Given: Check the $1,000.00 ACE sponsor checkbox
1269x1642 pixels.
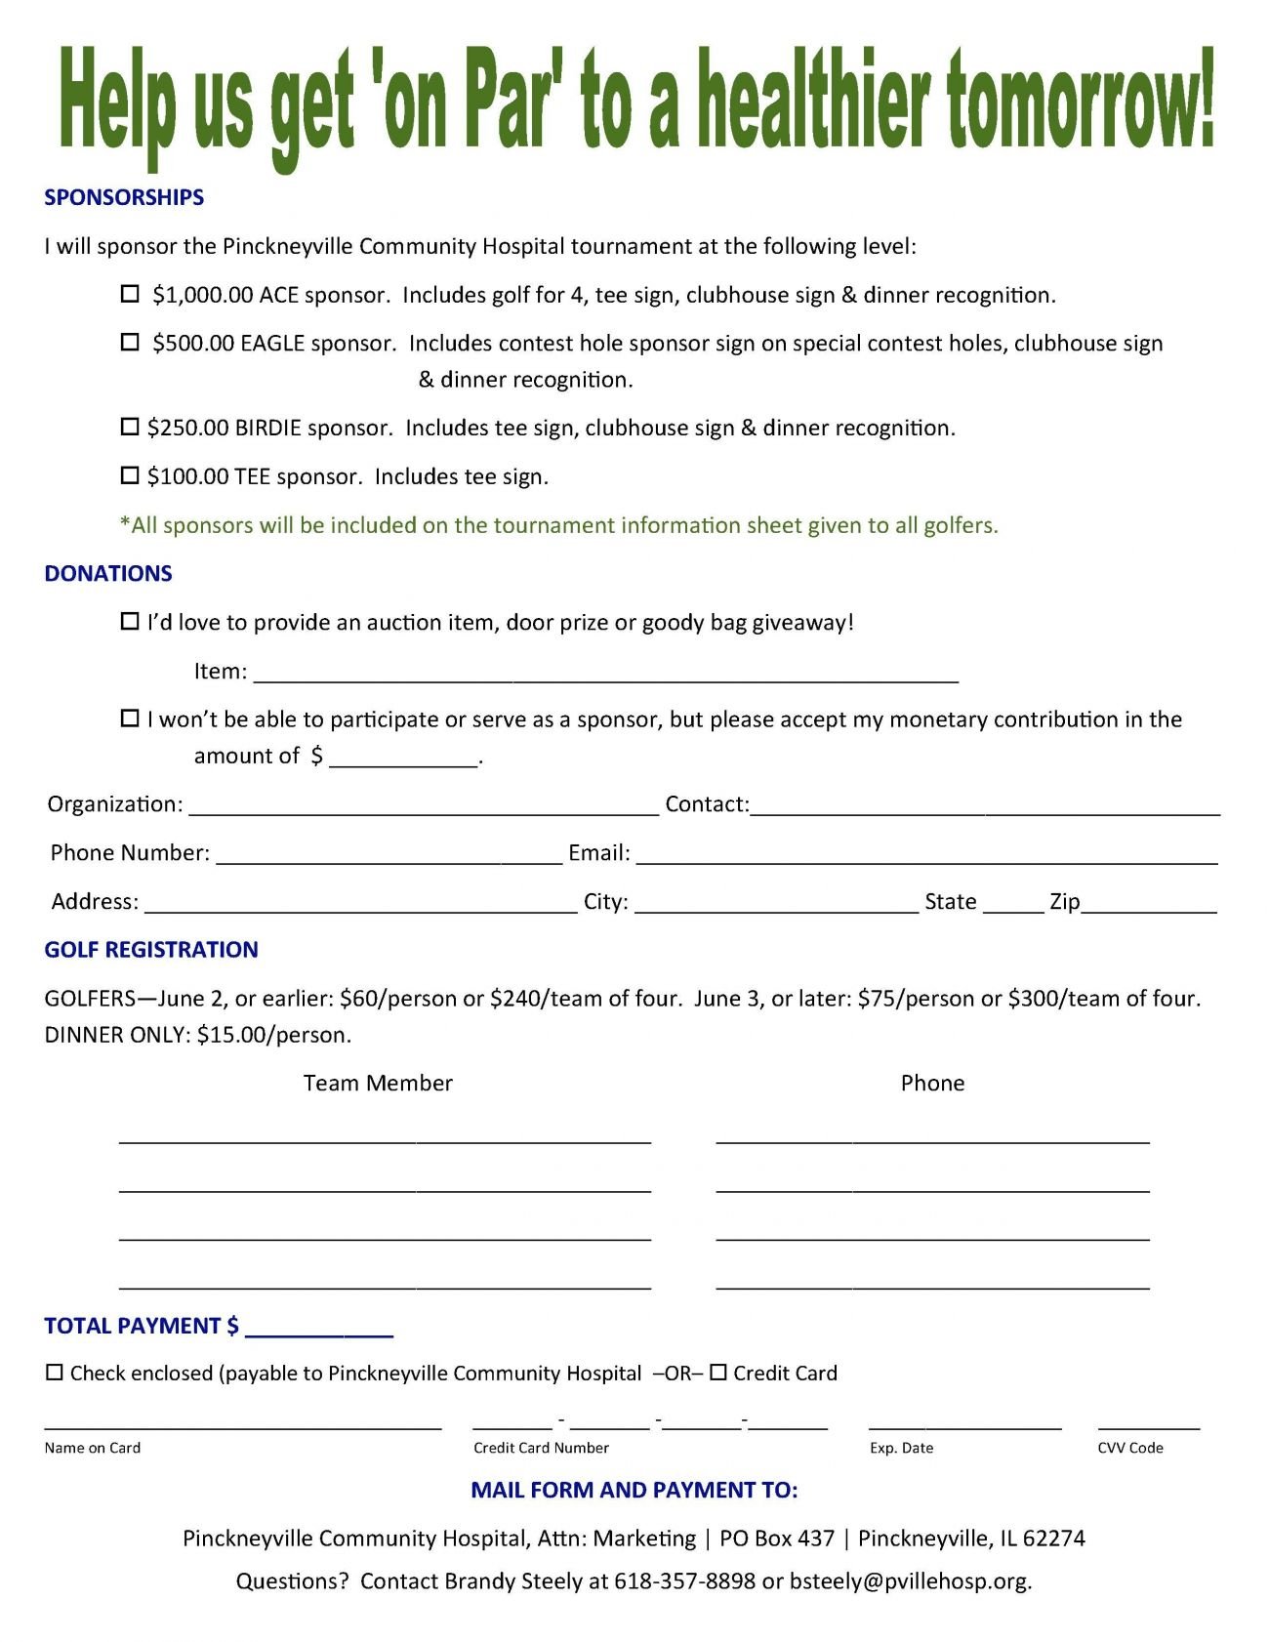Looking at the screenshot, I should pyautogui.click(x=130, y=294).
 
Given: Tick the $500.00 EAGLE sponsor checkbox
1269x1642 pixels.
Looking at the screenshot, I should pyautogui.click(x=130, y=343).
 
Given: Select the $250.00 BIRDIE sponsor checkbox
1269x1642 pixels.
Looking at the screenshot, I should pyautogui.click(x=130, y=427).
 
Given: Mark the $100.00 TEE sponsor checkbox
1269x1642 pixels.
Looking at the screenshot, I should pyautogui.click(x=130, y=475).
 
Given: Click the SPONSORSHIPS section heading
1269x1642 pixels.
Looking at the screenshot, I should pyautogui.click(x=124, y=197).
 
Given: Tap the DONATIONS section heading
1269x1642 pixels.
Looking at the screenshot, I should pyautogui.click(x=108, y=573).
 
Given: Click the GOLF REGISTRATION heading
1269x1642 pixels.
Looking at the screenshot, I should pyautogui.click(x=151, y=949).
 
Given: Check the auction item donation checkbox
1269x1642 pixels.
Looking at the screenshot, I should pyautogui.click(x=130, y=622).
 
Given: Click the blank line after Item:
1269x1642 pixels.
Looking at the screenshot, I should pyautogui.click(x=605, y=673).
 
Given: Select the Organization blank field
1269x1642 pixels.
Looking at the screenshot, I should pyautogui.click(x=424, y=805).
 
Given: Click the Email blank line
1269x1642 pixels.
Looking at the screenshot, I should pyautogui.click(x=926, y=854).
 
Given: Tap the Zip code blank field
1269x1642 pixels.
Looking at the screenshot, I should pyautogui.click(x=1149, y=903).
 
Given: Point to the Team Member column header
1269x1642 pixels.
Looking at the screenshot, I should pyautogui.click(x=378, y=1083).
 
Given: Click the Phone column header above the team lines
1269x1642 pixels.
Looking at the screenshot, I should pyautogui.click(x=932, y=1083).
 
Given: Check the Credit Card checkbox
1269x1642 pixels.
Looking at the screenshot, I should pyautogui.click(x=718, y=1373).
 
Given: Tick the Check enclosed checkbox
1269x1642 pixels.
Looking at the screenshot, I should pyautogui.click(x=55, y=1373).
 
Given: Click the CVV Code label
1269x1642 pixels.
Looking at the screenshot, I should pyautogui.click(x=1130, y=1448).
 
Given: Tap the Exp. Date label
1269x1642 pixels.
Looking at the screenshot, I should pyautogui.click(x=901, y=1448).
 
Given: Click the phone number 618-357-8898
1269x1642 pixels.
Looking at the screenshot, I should pyautogui.click(x=684, y=1580).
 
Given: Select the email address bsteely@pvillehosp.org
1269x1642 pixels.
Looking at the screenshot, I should pyautogui.click(x=910, y=1580).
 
